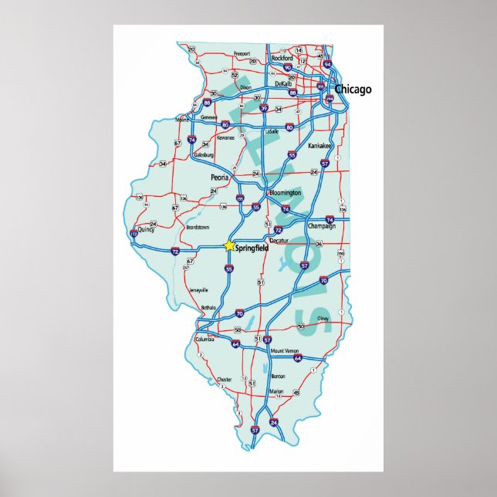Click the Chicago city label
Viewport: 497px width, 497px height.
(353, 90)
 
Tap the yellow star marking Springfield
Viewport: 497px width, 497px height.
(228, 245)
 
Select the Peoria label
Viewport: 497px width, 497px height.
(220, 177)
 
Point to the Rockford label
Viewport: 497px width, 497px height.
(282, 58)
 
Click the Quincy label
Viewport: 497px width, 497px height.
(146, 228)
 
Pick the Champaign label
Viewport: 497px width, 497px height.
(322, 226)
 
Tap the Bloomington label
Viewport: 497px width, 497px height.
(286, 192)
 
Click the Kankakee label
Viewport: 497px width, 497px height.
(319, 146)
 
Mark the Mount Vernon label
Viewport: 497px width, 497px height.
(284, 351)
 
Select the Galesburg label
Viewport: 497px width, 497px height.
(204, 154)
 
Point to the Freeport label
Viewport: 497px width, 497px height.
(243, 54)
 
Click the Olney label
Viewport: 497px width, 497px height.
(323, 318)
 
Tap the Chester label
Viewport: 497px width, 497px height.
(225, 380)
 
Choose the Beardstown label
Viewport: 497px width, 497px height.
(198, 228)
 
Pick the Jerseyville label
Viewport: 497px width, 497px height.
(199, 289)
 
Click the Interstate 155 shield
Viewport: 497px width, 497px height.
(241, 199)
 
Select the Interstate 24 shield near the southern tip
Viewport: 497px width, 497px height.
(274, 422)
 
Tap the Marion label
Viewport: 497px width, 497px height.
(276, 392)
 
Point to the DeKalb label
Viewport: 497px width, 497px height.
(282, 83)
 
